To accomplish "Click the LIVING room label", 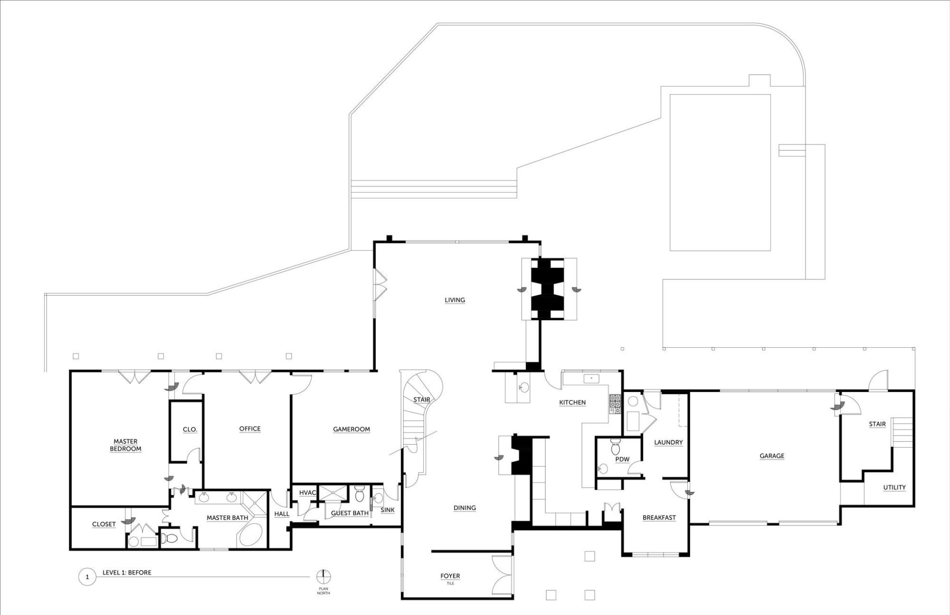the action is [455, 300].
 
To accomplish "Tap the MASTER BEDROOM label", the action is [126, 445].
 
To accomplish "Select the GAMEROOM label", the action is [351, 429].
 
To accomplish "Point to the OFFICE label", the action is [250, 429].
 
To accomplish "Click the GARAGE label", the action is [772, 456].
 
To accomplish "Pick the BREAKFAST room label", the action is [659, 518].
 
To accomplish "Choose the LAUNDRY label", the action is [668, 442].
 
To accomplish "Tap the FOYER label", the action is [450, 576].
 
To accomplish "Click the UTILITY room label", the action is [894, 487].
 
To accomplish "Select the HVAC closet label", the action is [308, 493].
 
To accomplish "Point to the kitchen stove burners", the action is [615, 404].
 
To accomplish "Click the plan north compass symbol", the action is [324, 577].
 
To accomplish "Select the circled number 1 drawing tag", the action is [87, 577].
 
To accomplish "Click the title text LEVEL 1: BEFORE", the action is [127, 572].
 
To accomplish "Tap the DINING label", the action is [465, 508].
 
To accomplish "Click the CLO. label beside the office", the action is [190, 430].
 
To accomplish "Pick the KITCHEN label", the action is [572, 403].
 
